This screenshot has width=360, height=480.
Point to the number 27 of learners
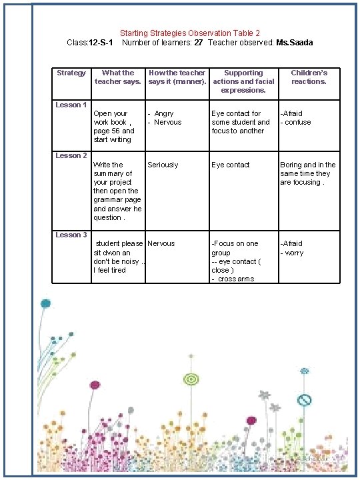[x=198, y=43]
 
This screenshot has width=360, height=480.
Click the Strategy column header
[x=71, y=73]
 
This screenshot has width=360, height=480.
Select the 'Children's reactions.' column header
[x=309, y=77]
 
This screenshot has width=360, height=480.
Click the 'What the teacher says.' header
[x=118, y=77]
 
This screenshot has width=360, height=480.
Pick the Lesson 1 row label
[x=71, y=105]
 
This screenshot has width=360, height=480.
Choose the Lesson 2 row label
[x=71, y=155]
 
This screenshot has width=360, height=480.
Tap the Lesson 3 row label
[x=71, y=235]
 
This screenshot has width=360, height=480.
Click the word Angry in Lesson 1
[x=164, y=114]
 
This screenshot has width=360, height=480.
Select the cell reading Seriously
[x=163, y=165]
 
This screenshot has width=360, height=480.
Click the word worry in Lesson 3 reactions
[x=295, y=253]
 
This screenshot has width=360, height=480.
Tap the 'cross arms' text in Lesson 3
[x=235, y=279]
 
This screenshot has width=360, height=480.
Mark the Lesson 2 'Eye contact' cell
[x=231, y=165]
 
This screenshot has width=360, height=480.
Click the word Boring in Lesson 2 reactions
[x=291, y=165]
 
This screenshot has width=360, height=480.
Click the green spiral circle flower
[x=191, y=379]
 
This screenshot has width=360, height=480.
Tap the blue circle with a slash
[x=304, y=400]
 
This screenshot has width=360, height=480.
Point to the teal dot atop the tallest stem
[x=45, y=303]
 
